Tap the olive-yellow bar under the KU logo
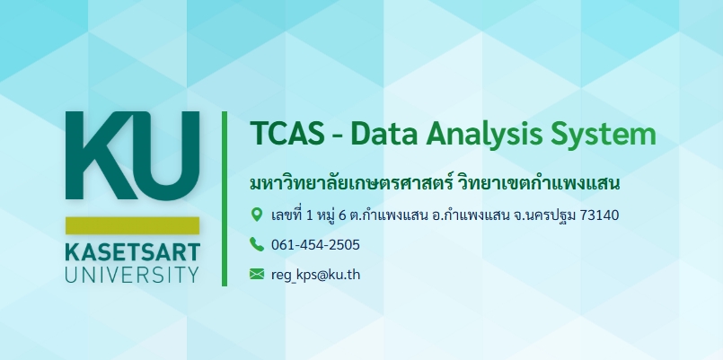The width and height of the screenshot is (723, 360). [x=132, y=225]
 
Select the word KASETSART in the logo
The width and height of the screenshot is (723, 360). [x=132, y=252]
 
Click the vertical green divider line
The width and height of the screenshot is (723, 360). [x=225, y=198]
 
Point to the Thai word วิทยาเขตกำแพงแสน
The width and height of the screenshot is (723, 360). [x=540, y=183]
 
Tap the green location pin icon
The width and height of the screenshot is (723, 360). [x=256, y=215]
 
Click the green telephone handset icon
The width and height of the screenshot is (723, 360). [x=257, y=244]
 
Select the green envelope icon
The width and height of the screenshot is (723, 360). [x=257, y=274]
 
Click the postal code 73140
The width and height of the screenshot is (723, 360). [x=599, y=215]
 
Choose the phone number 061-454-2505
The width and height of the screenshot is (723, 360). [x=315, y=245]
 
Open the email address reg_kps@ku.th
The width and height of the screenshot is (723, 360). [x=316, y=275]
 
